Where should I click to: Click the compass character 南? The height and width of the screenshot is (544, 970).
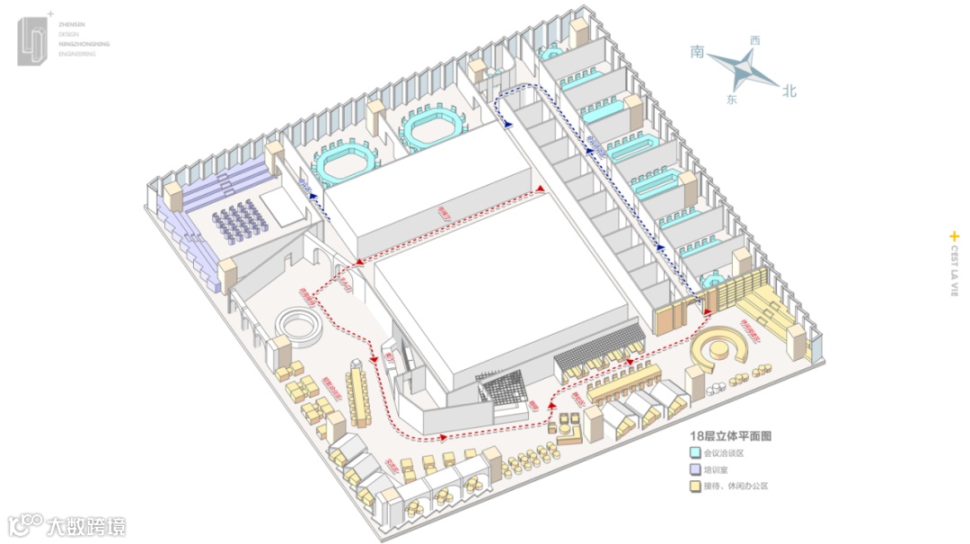pyautogui.click(x=696, y=52)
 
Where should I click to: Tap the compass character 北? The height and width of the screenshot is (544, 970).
pyautogui.click(x=789, y=90)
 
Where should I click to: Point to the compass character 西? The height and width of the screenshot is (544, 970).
pyautogui.click(x=754, y=40)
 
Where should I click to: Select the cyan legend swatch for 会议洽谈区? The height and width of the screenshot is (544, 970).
pyautogui.click(x=695, y=453)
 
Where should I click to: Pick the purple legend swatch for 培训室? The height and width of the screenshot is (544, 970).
pyautogui.click(x=695, y=469)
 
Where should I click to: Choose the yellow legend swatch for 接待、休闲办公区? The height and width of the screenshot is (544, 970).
pyautogui.click(x=695, y=486)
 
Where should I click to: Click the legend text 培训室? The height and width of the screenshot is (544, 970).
pyautogui.click(x=719, y=469)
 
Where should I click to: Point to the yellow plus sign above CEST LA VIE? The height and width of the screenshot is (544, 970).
pyautogui.click(x=954, y=237)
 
